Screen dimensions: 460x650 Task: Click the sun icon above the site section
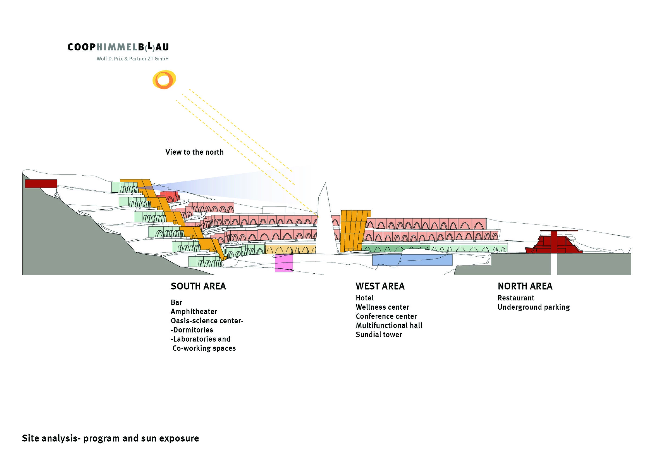[x=164, y=80]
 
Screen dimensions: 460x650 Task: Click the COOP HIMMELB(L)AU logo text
[x=118, y=47]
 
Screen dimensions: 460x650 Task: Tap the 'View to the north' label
[x=194, y=152]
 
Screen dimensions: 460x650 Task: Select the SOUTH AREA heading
[x=198, y=286]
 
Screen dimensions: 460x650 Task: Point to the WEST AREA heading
[x=380, y=286]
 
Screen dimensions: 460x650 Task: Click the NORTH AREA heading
[x=525, y=286]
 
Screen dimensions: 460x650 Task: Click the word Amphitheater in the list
[x=194, y=312]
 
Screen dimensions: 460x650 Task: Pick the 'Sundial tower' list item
[x=379, y=335]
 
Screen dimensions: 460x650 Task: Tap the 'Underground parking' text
[x=533, y=307]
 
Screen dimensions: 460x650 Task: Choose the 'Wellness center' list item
[x=382, y=307]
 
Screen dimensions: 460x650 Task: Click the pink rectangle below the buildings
[x=284, y=263]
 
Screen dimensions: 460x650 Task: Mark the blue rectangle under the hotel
[x=412, y=260]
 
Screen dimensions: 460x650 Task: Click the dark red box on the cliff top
[x=41, y=184]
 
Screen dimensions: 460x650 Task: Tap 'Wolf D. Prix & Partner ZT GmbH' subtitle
[x=132, y=59]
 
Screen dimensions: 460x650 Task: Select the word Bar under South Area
[x=176, y=302]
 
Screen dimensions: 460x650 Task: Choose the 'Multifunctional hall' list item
[x=389, y=325]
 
